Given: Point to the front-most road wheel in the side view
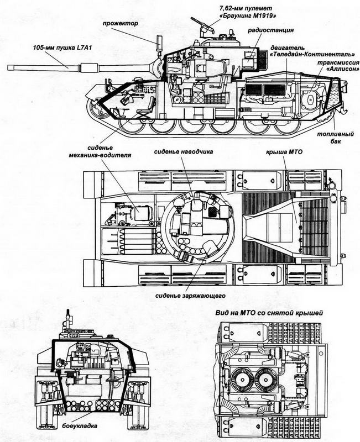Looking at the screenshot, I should [x=132, y=127].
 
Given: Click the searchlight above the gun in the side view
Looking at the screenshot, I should [x=159, y=43].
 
